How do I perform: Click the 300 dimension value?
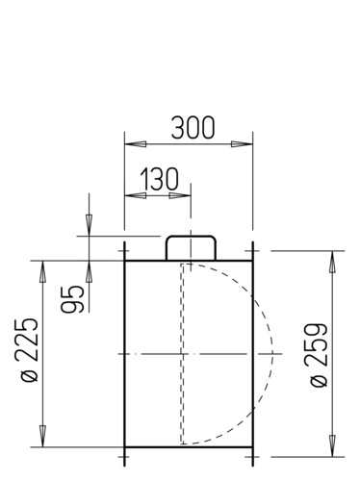[193, 128]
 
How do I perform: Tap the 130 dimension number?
[160, 179]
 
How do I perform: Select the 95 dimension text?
[72, 299]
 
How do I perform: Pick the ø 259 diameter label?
[316, 355]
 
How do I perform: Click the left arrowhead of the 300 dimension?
[136, 144]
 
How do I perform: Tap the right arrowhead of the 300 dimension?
[242, 144]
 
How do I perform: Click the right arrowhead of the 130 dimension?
[180, 195]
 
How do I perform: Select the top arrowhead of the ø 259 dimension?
[333, 262]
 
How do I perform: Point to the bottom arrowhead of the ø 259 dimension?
[333, 445]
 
